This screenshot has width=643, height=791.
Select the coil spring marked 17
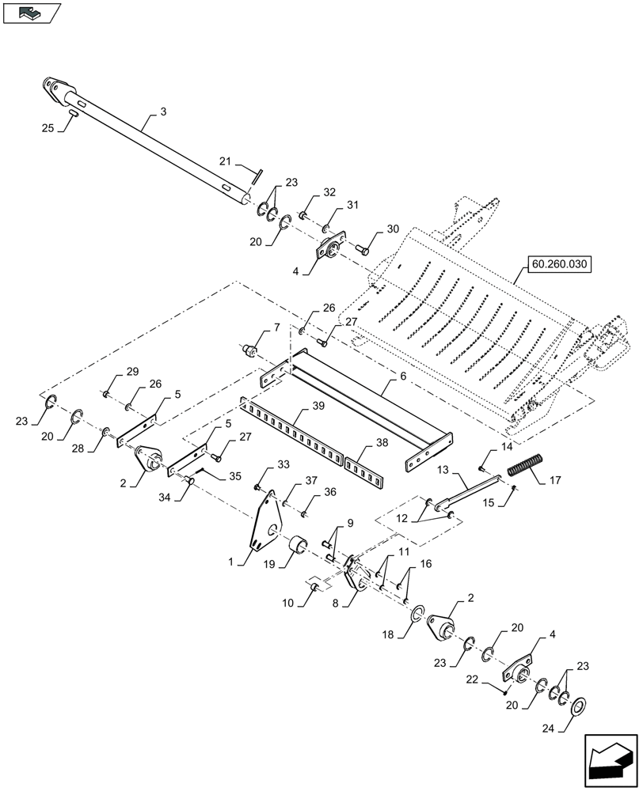(x=524, y=464)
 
